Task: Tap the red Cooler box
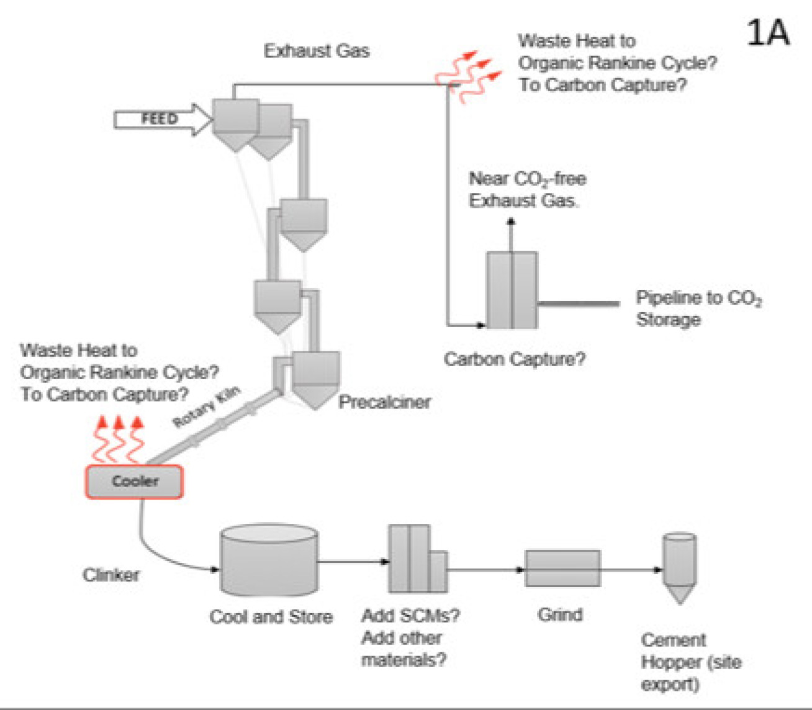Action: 134,482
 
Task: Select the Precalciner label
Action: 384,402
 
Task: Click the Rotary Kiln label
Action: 206,407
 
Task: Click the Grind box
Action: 562,568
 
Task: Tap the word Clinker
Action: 111,575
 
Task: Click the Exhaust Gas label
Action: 317,51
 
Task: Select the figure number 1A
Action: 767,32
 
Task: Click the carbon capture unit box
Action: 512,290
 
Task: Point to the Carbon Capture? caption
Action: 514,359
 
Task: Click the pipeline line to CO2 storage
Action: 578,303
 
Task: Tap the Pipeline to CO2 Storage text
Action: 698,308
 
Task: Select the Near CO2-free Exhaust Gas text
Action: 527,189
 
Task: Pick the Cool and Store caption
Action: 271,616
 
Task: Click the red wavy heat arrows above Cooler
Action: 119,440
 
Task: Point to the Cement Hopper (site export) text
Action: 690,662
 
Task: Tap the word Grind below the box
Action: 560,614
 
